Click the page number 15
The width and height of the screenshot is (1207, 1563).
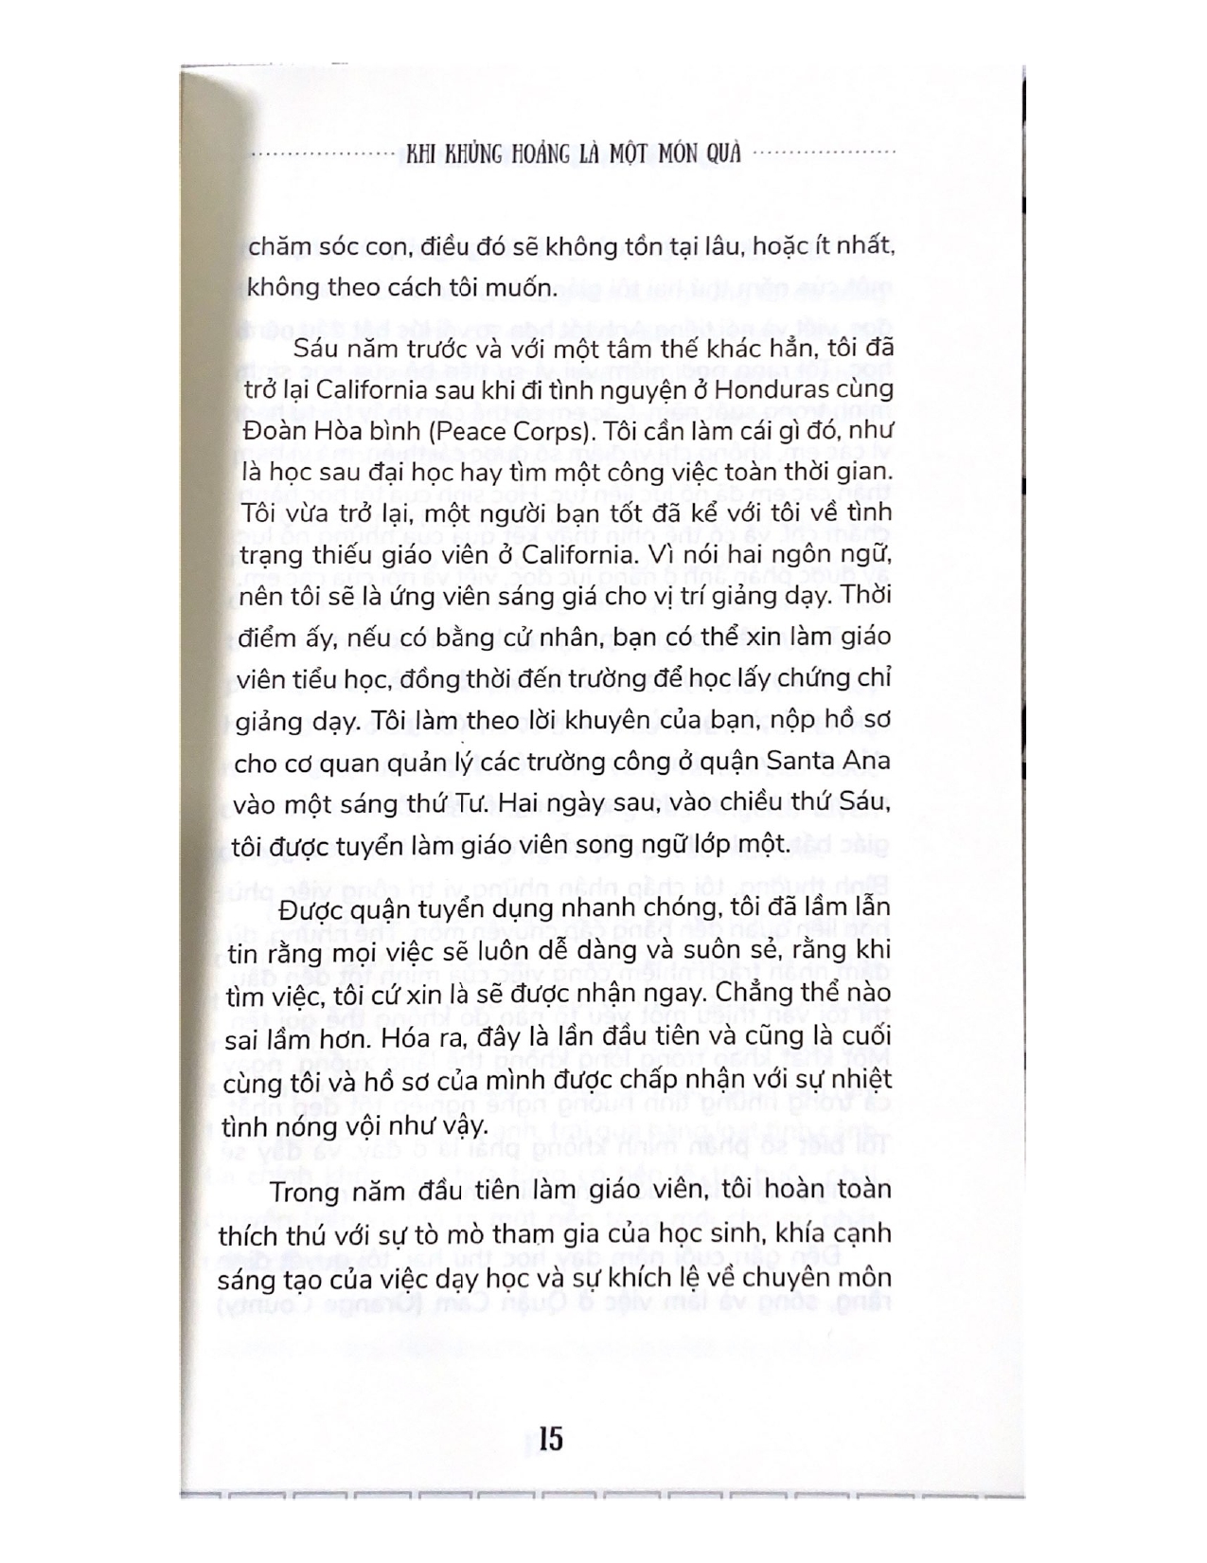[x=550, y=1439]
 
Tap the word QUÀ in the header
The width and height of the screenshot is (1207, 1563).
[x=727, y=153]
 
